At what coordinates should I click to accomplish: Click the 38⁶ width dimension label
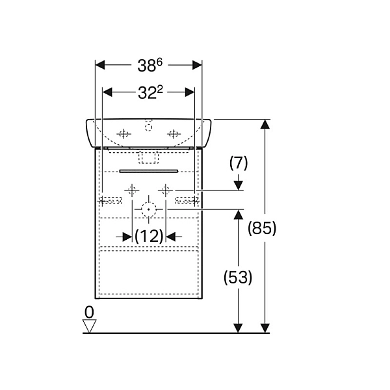[149, 66]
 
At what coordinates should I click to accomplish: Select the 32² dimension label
[150, 92]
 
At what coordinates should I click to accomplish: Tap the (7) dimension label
[239, 163]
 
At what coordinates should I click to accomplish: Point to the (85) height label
[262, 228]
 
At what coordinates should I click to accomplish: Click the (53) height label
[238, 277]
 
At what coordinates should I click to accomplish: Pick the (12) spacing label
[149, 236]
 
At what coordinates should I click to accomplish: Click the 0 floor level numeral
[89, 312]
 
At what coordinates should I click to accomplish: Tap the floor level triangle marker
[89, 326]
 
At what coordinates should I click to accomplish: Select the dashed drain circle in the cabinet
[149, 209]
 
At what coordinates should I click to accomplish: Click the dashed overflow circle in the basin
[148, 127]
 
